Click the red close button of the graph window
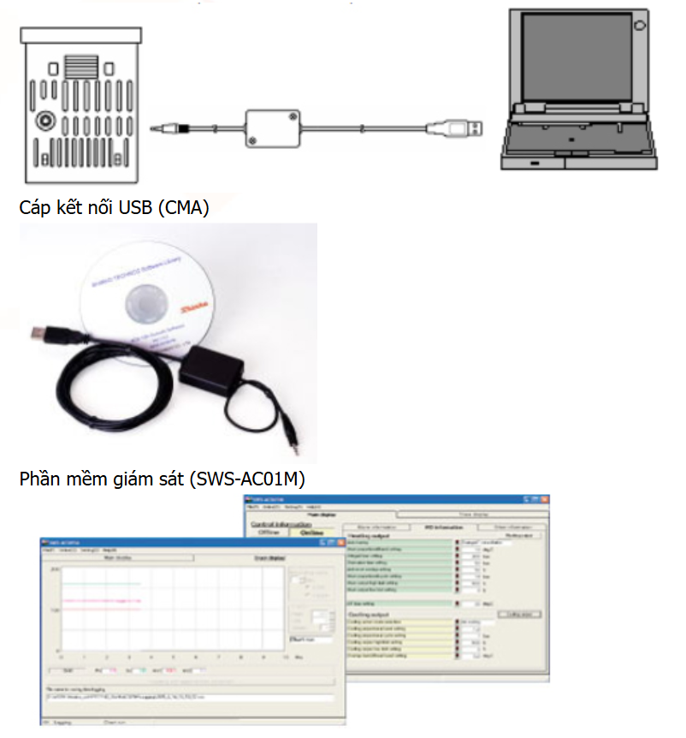tap(340, 542)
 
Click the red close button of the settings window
tap(544, 499)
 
